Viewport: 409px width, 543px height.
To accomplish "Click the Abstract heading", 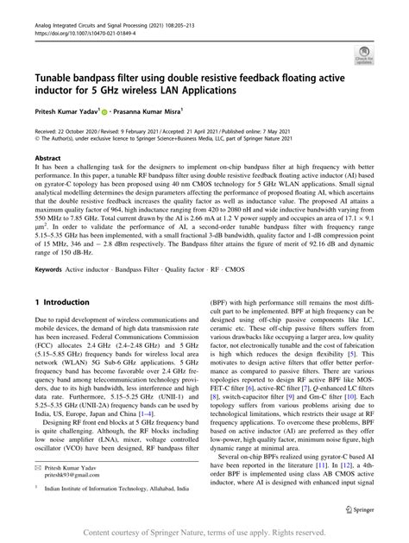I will pyautogui.click(x=47, y=161).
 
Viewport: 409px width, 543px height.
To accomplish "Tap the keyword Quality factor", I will pyautogui.click(x=199, y=269).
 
